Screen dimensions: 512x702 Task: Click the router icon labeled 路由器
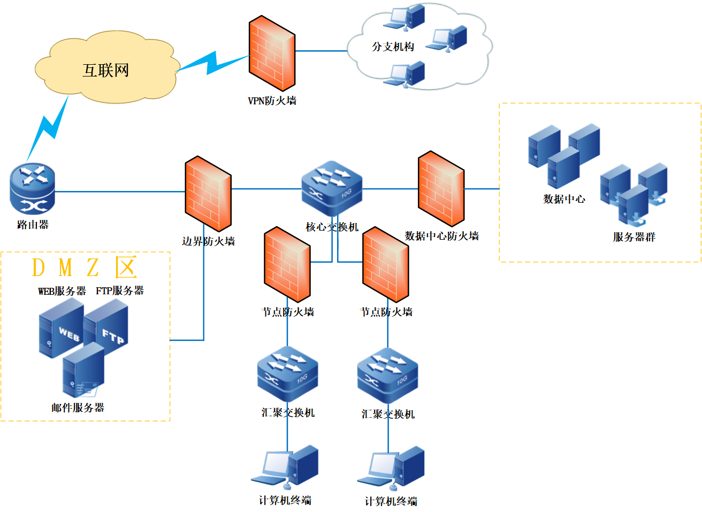(33, 189)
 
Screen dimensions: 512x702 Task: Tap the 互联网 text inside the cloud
(105, 70)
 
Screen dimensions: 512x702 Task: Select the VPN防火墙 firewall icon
(272, 53)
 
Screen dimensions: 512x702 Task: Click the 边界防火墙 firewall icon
(208, 194)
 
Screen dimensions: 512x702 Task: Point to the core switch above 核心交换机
(332, 188)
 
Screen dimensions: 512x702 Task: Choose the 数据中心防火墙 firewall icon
(441, 188)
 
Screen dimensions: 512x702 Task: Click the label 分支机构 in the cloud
(393, 47)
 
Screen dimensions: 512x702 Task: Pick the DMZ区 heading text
(85, 268)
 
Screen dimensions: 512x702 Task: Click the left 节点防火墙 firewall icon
(287, 264)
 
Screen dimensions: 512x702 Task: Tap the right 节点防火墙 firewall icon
(386, 264)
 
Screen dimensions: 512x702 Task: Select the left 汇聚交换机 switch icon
(287, 374)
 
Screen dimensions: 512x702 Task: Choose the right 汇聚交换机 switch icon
(387, 375)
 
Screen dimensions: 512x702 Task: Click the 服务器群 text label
(634, 237)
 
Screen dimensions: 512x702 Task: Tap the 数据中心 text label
(564, 199)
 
